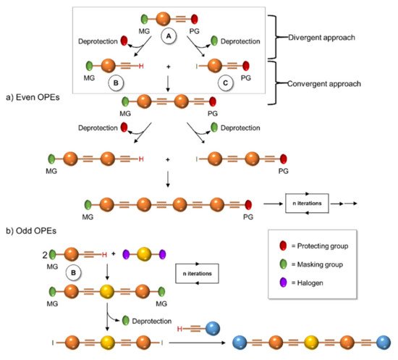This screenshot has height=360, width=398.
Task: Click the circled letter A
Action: point(169,36)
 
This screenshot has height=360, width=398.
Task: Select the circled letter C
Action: point(225,83)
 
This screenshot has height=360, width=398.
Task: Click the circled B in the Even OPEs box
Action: point(116,83)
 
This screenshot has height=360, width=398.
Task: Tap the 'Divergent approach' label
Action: point(321,38)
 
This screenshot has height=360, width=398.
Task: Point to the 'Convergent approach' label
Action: point(324,84)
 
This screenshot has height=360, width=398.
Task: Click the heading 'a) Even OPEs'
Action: point(33,97)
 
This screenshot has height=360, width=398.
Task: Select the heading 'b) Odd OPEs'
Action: point(31,231)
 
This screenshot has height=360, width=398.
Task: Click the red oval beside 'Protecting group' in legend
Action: point(283,246)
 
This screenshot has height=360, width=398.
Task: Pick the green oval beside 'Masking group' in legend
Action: point(283,264)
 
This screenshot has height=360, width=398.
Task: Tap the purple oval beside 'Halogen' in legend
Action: point(283,282)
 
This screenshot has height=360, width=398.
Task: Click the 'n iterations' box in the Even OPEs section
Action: point(307,204)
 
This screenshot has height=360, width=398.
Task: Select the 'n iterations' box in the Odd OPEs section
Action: point(198,274)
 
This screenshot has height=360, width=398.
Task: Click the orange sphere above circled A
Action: point(163,19)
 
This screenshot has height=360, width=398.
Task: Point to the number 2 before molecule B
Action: point(45,255)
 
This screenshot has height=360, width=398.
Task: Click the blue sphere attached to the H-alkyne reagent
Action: point(213,329)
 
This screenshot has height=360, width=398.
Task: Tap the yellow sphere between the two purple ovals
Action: point(144,254)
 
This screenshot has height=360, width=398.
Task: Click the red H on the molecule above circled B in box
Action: point(141,67)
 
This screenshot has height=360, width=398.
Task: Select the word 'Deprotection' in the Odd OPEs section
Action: point(152,321)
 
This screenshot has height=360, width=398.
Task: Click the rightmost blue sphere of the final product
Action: point(384,343)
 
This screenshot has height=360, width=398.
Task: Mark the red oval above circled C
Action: point(246,66)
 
